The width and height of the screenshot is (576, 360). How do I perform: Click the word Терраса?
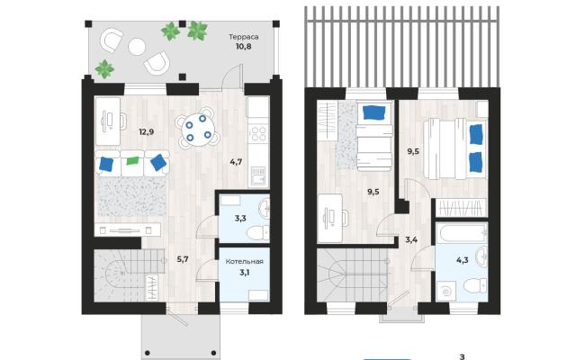[x=244, y=37]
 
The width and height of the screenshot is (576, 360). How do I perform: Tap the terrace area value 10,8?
[x=244, y=47]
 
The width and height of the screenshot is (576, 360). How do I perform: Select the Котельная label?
[x=244, y=262]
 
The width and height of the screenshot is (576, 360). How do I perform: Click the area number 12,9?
[x=146, y=132]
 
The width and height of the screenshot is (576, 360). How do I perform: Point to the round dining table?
[x=198, y=130]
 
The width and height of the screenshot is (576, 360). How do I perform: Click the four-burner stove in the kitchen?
[x=258, y=133]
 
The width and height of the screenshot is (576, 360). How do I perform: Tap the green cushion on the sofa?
[x=132, y=160]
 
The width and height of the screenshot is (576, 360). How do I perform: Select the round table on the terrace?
[x=137, y=47]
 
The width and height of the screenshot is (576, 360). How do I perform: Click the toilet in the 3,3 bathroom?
[x=257, y=233]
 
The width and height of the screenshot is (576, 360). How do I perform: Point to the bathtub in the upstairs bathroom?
[x=462, y=233]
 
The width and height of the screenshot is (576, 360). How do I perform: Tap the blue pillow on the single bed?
[x=374, y=112]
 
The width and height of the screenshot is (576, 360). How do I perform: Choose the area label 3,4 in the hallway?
[x=411, y=240]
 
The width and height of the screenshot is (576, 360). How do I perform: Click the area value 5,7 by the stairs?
[x=183, y=259]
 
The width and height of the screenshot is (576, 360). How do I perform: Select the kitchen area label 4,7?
[x=236, y=162]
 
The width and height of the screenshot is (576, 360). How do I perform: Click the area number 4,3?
[x=462, y=260]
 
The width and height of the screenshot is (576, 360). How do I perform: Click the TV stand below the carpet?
[x=127, y=230]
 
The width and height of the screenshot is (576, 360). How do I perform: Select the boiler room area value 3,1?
[x=244, y=272]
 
